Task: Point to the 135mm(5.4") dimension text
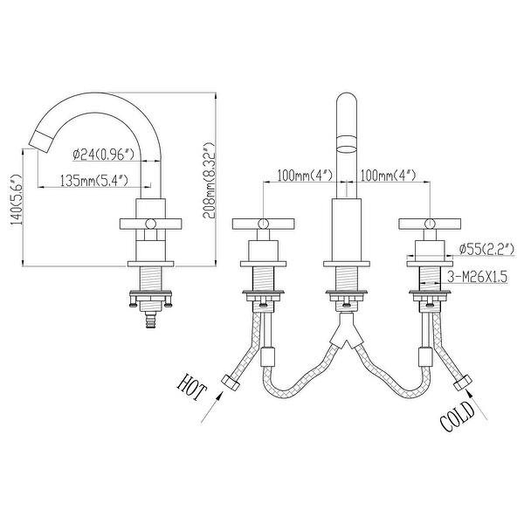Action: (95, 182)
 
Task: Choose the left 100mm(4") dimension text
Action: (300, 176)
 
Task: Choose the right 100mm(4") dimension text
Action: (390, 176)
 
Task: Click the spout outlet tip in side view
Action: (39, 137)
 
